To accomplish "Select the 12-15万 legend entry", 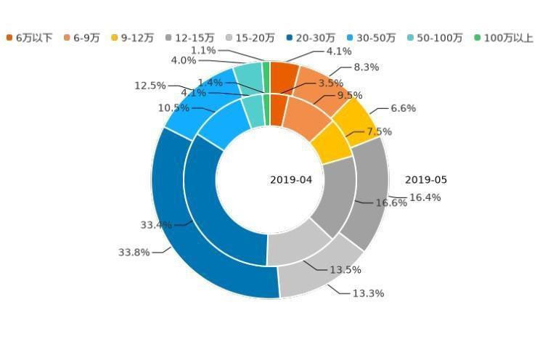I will [189, 38].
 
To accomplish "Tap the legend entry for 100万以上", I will [504, 38].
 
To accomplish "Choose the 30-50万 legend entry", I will [370, 38].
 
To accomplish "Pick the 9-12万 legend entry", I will [132, 38].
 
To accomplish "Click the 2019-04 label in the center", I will [291, 180].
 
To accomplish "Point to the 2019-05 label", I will [426, 180].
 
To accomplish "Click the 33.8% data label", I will [134, 253].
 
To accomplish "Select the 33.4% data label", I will [156, 225].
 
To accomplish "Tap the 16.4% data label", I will [425, 197].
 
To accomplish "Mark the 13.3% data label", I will [368, 293].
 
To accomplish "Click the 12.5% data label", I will [150, 86].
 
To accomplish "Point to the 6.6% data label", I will [403, 109].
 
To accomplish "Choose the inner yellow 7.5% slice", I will [330, 142].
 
